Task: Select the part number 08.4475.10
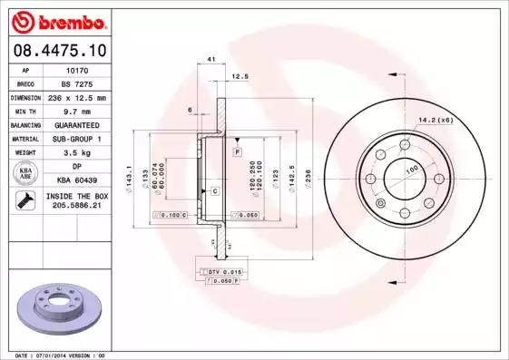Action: click(59, 49)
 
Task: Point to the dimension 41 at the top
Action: click(210, 59)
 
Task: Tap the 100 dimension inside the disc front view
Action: click(411, 170)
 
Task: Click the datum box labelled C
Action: click(214, 190)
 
